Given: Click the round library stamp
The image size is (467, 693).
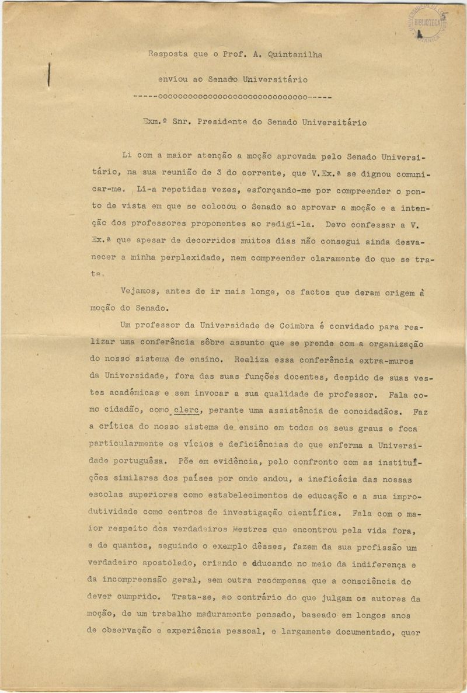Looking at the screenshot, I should tap(427, 22).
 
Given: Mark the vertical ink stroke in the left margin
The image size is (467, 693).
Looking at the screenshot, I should tap(49, 75).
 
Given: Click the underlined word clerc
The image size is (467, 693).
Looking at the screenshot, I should tap(187, 411).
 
